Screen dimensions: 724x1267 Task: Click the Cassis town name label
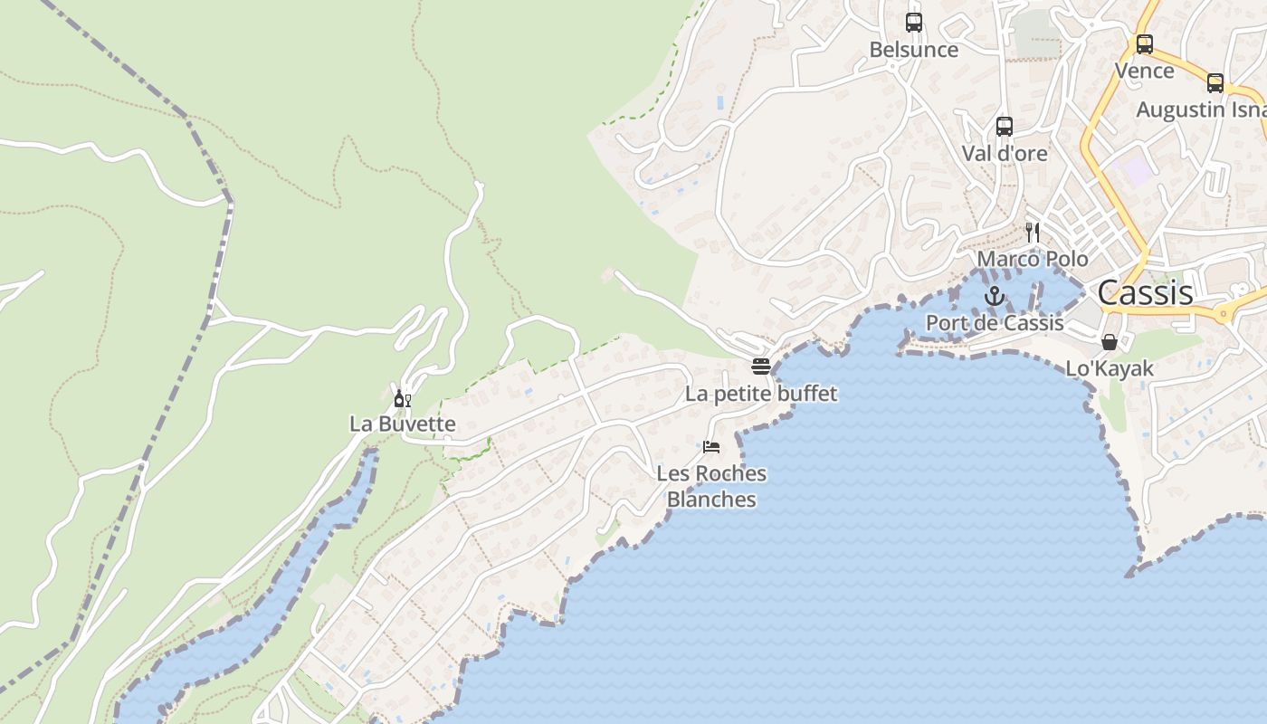tap(1145, 292)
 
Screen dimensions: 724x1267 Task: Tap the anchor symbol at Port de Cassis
tap(995, 296)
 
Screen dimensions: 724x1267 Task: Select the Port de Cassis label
tap(995, 323)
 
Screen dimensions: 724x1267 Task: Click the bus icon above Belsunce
tap(914, 23)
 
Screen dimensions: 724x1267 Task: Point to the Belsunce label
tap(914, 50)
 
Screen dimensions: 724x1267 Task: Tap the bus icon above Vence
tap(1145, 43)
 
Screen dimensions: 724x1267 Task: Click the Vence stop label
tap(1145, 71)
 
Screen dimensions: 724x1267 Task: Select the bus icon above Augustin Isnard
tap(1215, 83)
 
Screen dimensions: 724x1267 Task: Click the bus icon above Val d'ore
tap(1005, 127)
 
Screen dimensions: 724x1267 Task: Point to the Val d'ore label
tap(1005, 153)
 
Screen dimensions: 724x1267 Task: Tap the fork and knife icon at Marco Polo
tap(1033, 233)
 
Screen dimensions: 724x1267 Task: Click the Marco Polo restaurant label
tap(1033, 259)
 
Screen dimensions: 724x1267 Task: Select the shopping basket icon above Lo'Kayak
tap(1110, 342)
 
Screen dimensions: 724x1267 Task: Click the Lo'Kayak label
tap(1110, 368)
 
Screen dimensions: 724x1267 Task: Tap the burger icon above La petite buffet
tap(761, 367)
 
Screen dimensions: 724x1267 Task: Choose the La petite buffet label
tap(761, 394)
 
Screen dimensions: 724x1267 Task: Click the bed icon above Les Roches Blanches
tap(711, 447)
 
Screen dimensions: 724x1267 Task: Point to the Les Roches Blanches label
tap(711, 486)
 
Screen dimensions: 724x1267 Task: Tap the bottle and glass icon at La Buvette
tap(403, 398)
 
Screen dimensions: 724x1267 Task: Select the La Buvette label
tap(403, 424)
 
